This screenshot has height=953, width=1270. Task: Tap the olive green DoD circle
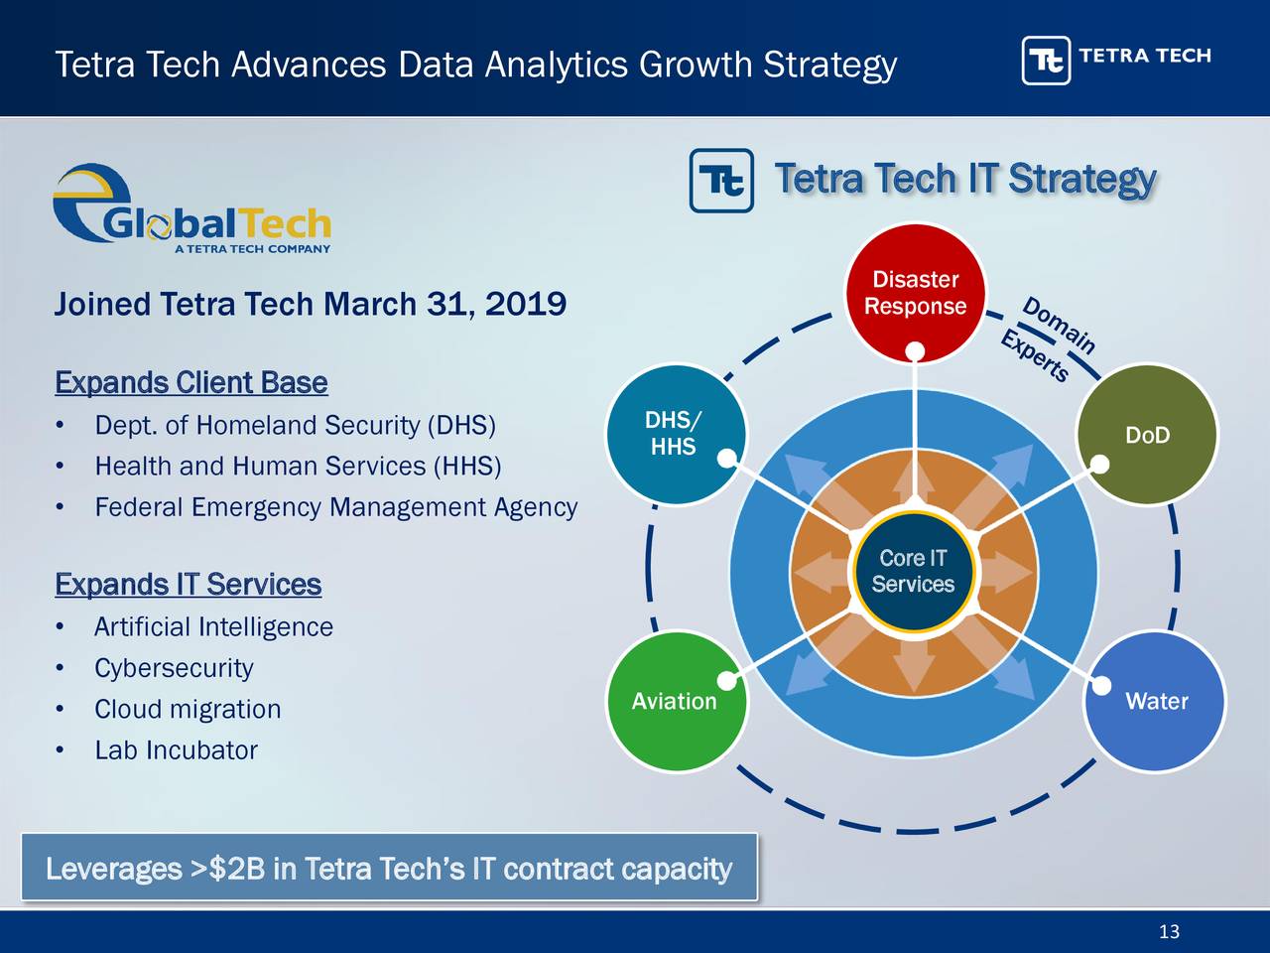pyautogui.click(x=1146, y=435)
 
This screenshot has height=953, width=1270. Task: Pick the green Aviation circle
pyautogui.click(x=675, y=702)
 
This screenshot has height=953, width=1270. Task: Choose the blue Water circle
pyautogui.click(x=1155, y=702)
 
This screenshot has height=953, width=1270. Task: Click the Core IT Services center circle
pyautogui.click(x=913, y=572)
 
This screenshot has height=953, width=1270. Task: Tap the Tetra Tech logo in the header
pyautogui.click(x=1115, y=60)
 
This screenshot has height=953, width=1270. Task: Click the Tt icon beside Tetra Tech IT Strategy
pyautogui.click(x=721, y=181)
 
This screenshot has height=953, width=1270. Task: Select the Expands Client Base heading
pyautogui.click(x=190, y=383)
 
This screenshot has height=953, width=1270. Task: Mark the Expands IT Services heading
pyautogui.click(x=188, y=585)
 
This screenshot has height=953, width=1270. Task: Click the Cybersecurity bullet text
pyautogui.click(x=174, y=668)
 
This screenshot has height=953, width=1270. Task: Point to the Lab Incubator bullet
pyautogui.click(x=176, y=750)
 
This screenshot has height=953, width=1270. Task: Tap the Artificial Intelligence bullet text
pyautogui.click(x=213, y=627)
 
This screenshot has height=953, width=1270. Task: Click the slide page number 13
pyautogui.click(x=1169, y=931)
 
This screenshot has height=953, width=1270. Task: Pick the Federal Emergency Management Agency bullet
pyautogui.click(x=335, y=508)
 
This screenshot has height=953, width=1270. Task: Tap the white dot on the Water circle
pyautogui.click(x=1102, y=686)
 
